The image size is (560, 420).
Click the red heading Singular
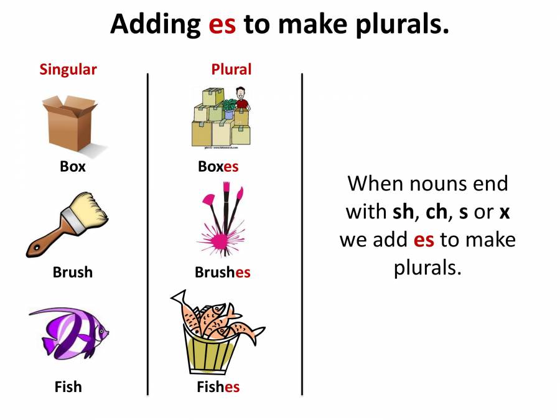pyautogui.click(x=68, y=69)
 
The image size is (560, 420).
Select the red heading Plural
pyautogui.click(x=231, y=69)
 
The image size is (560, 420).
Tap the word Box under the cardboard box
pyautogui.click(x=73, y=167)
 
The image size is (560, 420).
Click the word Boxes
pyautogui.click(x=218, y=167)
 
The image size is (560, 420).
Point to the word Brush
pyautogui.click(x=72, y=273)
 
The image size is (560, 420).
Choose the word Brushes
pyautogui.click(x=222, y=273)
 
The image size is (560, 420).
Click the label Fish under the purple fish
pyautogui.click(x=68, y=386)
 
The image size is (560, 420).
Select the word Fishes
pyautogui.click(x=218, y=386)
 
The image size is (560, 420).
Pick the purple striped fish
pyautogui.click(x=68, y=332)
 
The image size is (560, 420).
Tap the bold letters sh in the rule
pyautogui.click(x=403, y=212)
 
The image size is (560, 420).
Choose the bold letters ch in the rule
pyautogui.click(x=436, y=212)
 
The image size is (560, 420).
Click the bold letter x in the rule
pyautogui.click(x=504, y=212)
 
